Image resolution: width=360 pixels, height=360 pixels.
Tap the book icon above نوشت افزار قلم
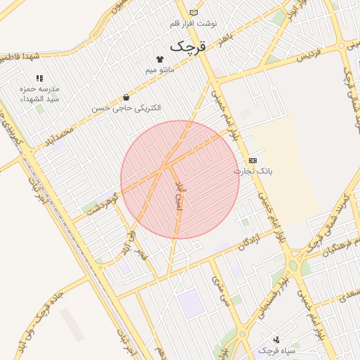[193, 13]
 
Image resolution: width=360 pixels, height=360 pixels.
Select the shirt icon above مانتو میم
[160, 60]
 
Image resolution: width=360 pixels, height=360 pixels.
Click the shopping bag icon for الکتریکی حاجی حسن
[126, 97]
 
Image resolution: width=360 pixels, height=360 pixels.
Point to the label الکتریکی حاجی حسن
[126, 108]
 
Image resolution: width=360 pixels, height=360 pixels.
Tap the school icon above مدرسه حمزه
[39, 78]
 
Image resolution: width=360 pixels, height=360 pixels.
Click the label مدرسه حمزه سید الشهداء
[39, 94]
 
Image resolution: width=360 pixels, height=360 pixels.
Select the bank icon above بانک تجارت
[252, 160]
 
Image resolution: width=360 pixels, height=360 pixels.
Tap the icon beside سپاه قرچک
[276, 340]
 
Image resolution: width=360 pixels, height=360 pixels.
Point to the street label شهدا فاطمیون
[19, 56]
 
